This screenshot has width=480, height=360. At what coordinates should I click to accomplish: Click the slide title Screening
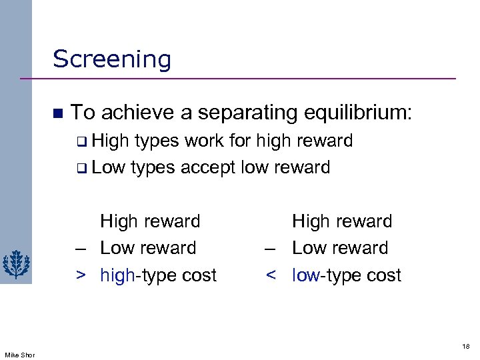[112, 59]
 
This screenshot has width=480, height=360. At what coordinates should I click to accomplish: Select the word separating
[209, 113]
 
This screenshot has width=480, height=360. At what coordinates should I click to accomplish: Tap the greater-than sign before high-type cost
[80, 275]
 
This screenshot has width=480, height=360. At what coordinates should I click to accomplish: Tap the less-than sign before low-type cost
[271, 275]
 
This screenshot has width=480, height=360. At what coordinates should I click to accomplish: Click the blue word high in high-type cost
[117, 275]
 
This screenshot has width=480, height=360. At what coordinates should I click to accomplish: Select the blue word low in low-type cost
[306, 275]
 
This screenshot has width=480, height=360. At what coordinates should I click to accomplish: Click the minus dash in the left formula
[80, 249]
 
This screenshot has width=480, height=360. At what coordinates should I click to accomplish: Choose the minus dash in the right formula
[271, 249]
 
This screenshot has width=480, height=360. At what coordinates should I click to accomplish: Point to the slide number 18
[465, 347]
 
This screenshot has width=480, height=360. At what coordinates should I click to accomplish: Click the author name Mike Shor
[19, 354]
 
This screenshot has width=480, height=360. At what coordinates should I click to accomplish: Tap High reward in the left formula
[149, 221]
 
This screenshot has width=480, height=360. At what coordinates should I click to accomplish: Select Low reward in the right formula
[340, 248]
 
